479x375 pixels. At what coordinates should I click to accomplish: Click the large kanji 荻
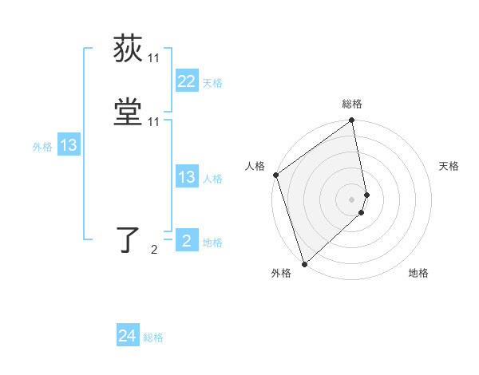[129, 49]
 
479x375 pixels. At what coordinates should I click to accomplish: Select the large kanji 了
[129, 241]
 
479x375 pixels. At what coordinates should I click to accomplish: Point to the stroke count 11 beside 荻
[153, 58]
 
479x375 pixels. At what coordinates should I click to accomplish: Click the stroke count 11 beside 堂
[153, 122]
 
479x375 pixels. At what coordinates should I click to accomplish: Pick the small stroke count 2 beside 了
[153, 250]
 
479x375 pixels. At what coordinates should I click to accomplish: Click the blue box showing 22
[186, 81]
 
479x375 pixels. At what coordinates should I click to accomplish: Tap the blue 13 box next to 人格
[186, 177]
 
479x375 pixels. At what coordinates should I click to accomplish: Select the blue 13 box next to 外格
[68, 145]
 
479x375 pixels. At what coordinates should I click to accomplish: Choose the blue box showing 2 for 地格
[186, 241]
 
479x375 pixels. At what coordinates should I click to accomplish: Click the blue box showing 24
[127, 337]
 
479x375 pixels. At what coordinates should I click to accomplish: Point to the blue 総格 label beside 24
[153, 337]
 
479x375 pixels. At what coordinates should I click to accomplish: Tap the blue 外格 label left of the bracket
[42, 146]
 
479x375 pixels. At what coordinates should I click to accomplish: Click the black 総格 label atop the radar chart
[352, 104]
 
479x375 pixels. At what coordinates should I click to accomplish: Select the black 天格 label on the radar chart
[449, 166]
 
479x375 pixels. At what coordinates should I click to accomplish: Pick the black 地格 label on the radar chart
[418, 273]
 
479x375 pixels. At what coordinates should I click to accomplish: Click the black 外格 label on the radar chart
[281, 273]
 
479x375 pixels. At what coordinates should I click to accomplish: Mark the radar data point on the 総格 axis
[352, 121]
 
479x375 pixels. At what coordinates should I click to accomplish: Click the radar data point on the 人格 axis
[275, 175]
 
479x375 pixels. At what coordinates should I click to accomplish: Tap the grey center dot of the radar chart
[352, 199]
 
